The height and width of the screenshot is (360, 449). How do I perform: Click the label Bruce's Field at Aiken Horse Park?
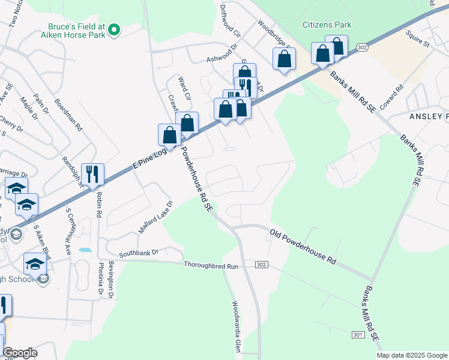(77, 31)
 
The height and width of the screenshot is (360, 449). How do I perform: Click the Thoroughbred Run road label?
(211, 265)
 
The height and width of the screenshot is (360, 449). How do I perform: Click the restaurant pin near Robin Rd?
(92, 175)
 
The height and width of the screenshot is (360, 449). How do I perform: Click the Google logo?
(20, 353)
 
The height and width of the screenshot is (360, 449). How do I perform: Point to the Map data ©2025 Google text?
(412, 355)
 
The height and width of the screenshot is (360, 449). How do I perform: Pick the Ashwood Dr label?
(223, 56)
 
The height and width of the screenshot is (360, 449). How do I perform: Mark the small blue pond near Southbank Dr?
(85, 250)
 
